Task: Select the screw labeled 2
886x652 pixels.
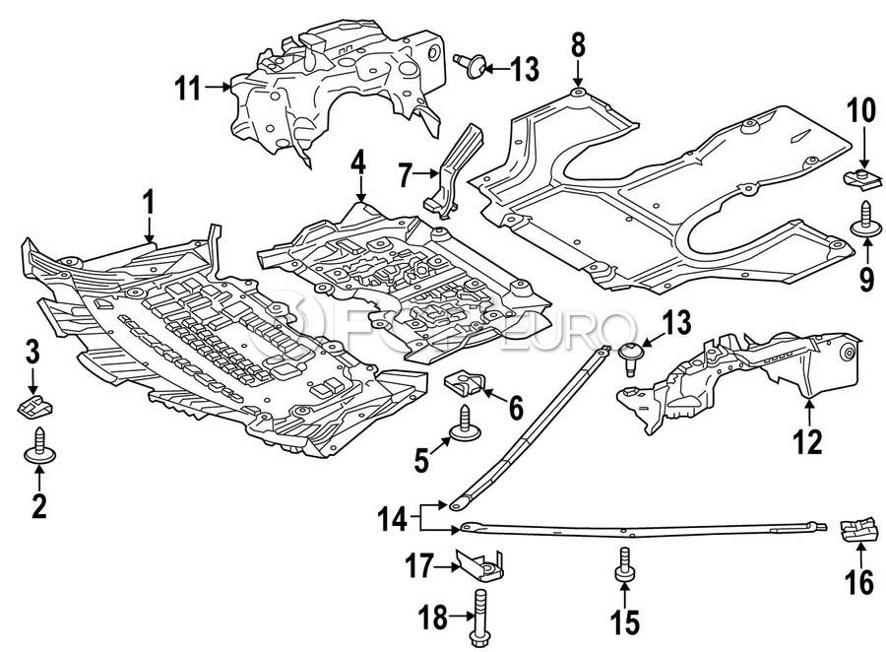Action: (x=39, y=445)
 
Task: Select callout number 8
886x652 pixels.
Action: (x=577, y=44)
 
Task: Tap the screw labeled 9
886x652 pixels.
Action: (x=865, y=221)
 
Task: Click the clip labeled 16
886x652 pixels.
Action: (x=859, y=532)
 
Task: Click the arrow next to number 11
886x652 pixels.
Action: (x=218, y=90)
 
